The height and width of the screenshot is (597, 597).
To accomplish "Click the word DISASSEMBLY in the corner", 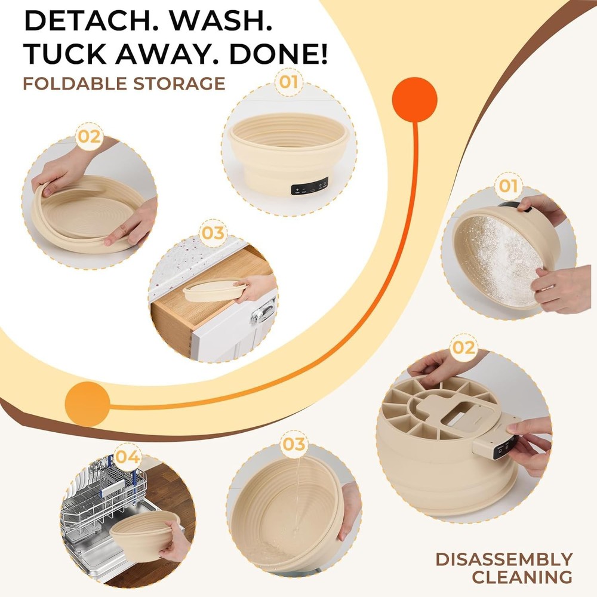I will [x=504, y=559].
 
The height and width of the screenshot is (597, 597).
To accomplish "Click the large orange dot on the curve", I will [x=414, y=100].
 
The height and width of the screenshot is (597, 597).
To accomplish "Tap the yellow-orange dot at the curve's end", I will [x=87, y=404].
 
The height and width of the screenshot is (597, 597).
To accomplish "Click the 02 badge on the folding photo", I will [x=88, y=137].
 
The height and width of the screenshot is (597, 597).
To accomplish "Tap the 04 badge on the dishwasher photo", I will [x=128, y=458].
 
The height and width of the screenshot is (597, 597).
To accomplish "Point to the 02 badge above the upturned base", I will [x=464, y=347].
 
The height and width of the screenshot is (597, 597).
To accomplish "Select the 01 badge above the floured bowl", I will [x=508, y=186].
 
